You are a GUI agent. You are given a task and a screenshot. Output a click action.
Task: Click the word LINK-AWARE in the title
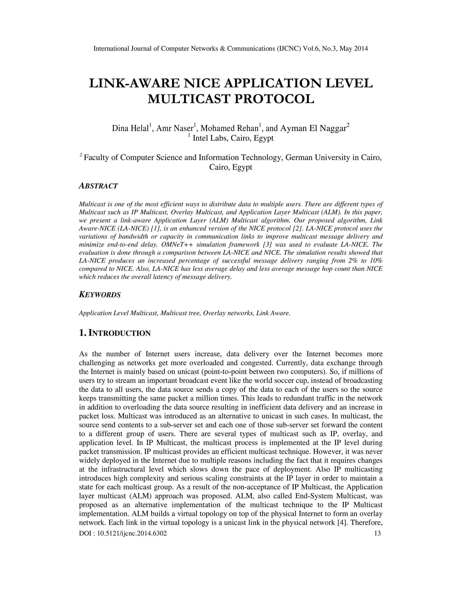point(134,83)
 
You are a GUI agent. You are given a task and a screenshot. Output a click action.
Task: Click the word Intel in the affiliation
point(200,138)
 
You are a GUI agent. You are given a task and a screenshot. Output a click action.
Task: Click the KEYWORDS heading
point(100,295)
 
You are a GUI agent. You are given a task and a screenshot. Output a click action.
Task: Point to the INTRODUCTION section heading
point(119,333)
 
